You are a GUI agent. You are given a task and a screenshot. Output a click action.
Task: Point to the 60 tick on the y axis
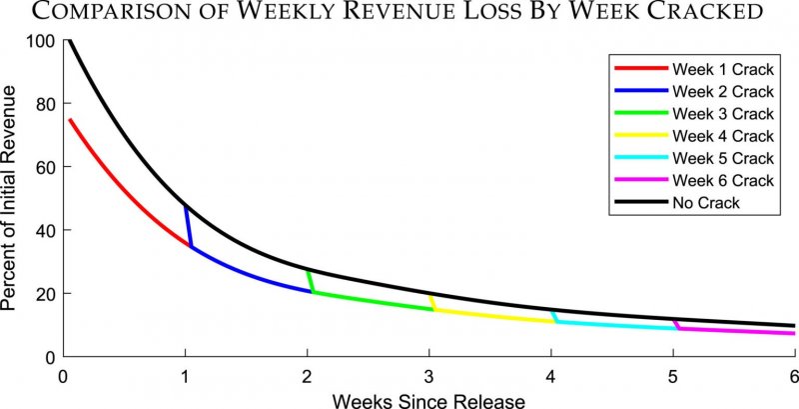(x=44, y=167)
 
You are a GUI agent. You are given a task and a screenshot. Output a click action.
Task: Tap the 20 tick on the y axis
(x=44, y=293)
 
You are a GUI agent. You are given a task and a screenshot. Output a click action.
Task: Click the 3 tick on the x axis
(x=428, y=376)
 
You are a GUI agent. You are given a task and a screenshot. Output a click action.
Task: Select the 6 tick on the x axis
(x=793, y=376)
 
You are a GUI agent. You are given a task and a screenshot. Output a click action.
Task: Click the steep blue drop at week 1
(x=188, y=225)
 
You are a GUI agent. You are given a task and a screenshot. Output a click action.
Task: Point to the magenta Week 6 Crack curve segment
(x=739, y=330)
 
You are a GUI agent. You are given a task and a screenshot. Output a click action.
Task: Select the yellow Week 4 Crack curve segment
(x=489, y=316)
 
